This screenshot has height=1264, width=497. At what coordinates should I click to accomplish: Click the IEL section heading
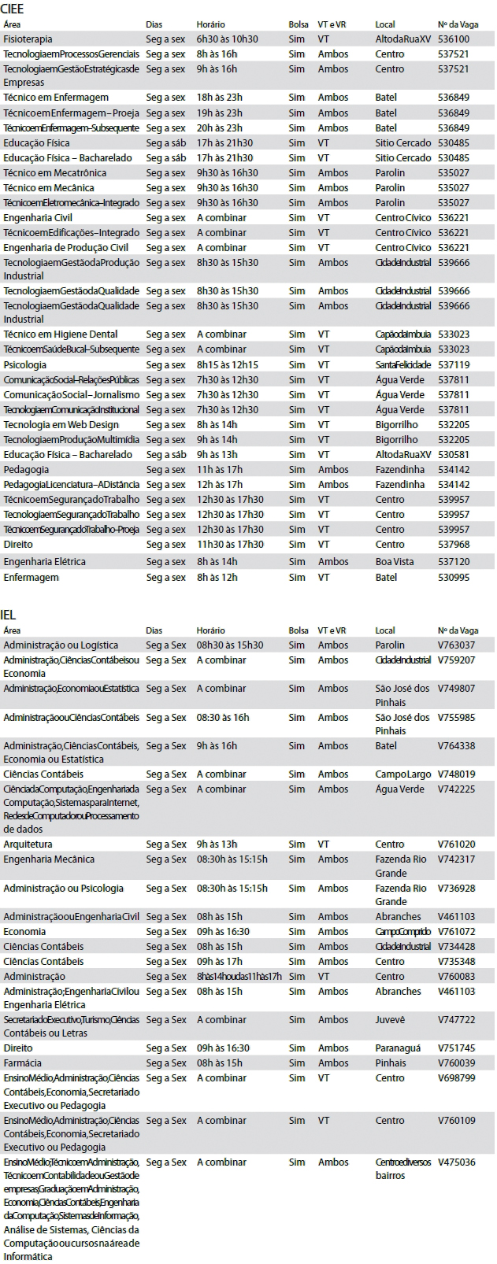[x=9, y=615]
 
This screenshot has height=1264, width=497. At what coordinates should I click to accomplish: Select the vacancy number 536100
[x=453, y=39]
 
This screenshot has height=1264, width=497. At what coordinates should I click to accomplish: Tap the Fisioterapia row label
[x=28, y=39]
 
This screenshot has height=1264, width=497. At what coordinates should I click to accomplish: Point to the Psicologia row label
[x=24, y=364]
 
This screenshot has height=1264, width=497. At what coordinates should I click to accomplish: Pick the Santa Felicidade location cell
[x=402, y=364]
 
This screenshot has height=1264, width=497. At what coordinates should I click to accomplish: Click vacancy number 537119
[x=453, y=364]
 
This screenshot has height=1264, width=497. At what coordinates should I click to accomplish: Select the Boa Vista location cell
[x=394, y=561]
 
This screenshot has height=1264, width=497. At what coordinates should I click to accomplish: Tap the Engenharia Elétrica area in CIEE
[x=44, y=561]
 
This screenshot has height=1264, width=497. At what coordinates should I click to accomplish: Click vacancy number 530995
[x=453, y=577]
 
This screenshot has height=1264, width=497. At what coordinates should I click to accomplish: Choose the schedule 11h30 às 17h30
[x=230, y=544]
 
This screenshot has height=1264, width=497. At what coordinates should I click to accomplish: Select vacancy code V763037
[x=456, y=645]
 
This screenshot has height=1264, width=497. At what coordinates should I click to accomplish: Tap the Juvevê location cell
[x=390, y=1019]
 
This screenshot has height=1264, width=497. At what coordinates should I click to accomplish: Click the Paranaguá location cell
[x=398, y=1048]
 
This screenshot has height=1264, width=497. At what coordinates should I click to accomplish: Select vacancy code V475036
[x=456, y=1162]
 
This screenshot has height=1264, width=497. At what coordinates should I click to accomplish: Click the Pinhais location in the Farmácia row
[x=391, y=1063]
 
